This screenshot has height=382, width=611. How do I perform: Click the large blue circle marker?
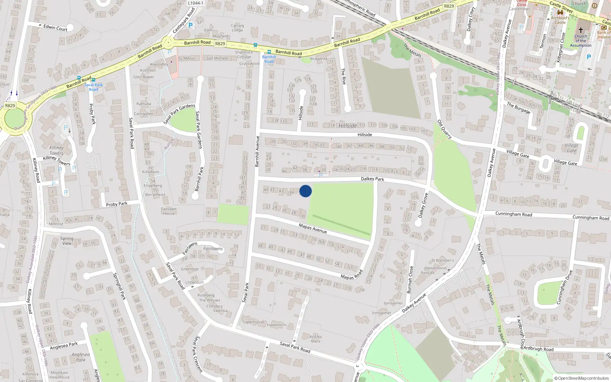[305, 191]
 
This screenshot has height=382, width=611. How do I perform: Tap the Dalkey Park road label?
[372, 179]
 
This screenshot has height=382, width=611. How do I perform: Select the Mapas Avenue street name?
[313, 228]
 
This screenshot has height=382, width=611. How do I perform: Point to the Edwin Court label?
[55, 28]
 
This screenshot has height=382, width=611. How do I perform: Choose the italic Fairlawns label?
[213, 249]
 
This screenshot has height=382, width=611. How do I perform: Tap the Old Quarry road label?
[445, 129]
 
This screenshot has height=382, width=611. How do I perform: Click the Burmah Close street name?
[410, 280]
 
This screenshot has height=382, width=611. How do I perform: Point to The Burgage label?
[519, 108]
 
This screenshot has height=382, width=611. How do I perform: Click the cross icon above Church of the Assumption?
[581, 30]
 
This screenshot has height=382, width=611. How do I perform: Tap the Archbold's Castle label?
[560, 20]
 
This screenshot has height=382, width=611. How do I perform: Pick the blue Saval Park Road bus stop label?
[94, 87]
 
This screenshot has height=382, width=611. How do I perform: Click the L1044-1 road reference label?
[196, 3]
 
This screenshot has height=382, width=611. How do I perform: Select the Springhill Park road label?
[119, 286]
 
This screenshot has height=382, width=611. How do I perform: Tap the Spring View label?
[67, 241]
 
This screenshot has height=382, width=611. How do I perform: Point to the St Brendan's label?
[443, 261]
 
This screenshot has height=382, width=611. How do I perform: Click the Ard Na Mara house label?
[315, 339]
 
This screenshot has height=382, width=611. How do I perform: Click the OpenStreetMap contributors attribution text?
[582, 378]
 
